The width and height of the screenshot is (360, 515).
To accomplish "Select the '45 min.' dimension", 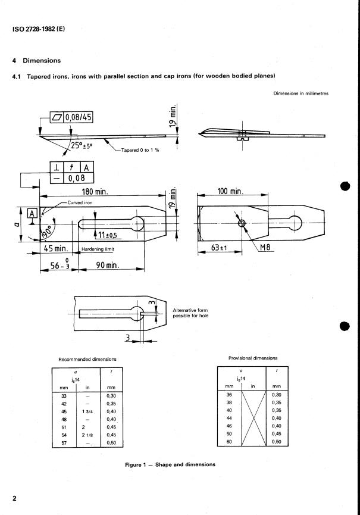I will coord(54,248).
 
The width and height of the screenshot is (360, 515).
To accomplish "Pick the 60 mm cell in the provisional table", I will coord(227,441).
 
